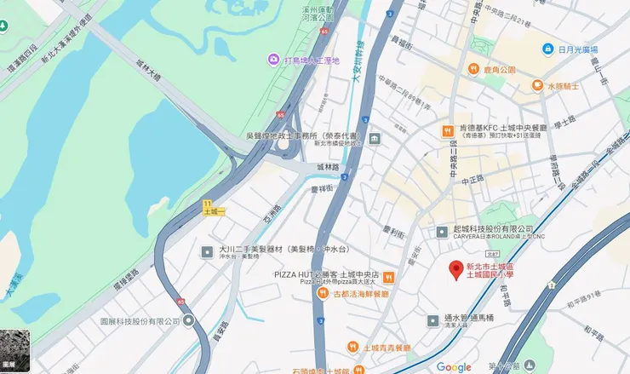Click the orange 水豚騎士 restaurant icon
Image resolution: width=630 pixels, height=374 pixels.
tap(538, 85)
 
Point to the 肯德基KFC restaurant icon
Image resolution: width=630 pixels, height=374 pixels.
tap(445, 130)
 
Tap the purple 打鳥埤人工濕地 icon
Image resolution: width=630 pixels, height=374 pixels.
tap(272, 60)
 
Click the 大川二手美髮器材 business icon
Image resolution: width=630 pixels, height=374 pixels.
tap(207, 251)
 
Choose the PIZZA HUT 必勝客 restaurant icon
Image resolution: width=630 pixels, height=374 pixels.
tap(388, 276)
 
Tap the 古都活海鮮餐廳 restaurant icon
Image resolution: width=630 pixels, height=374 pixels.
tap(323, 293)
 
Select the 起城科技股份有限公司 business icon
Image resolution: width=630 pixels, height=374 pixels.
tap(441, 231)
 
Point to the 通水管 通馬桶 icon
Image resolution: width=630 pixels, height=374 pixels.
tap(433, 319)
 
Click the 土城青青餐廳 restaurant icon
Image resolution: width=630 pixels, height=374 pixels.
tap(352, 347)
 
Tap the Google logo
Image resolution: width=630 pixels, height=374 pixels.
tap(453, 366)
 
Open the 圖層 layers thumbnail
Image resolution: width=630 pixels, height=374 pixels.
tap(15, 351)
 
